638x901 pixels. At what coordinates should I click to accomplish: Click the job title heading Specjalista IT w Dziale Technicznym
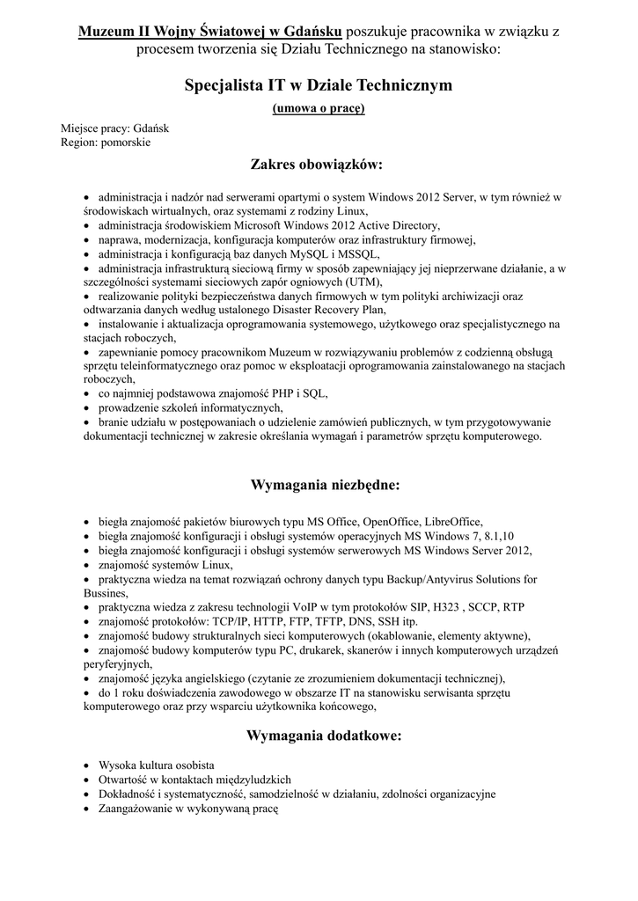point(319,85)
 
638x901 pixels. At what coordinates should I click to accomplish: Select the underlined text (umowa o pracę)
point(319,108)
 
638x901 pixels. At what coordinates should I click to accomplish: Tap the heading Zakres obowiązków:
point(318,164)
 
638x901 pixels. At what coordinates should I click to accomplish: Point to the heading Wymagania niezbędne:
point(326,485)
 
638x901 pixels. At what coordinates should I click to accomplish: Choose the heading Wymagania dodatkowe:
point(324,736)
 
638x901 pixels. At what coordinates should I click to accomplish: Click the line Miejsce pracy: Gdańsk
point(115,128)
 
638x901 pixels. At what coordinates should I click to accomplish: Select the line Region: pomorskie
point(106,142)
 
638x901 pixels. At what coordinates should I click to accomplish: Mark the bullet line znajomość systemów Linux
point(165,565)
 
